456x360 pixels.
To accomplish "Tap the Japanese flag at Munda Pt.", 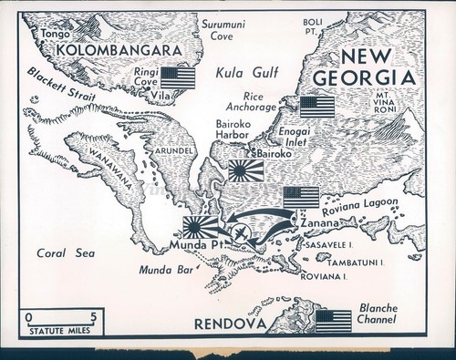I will (201, 227).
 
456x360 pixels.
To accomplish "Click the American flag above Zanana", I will (301, 198).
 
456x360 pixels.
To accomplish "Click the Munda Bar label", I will (165, 271).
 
